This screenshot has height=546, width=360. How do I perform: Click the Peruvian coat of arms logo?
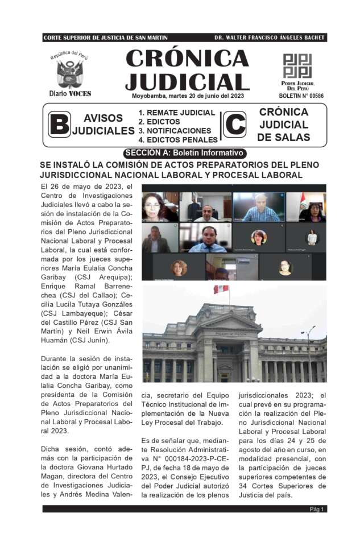click(70, 73)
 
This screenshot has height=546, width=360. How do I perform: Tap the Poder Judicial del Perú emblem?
click(297, 66)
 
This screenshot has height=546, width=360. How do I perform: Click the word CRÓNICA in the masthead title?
click(187, 59)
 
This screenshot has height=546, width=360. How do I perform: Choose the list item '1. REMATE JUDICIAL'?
click(177, 113)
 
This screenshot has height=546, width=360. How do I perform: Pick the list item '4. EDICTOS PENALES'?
click(178, 139)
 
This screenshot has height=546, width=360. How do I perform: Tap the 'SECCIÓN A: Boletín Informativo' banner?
click(185, 153)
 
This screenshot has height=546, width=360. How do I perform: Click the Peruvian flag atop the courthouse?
click(221, 289)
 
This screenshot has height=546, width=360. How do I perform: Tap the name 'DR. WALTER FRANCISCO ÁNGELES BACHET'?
click(270, 38)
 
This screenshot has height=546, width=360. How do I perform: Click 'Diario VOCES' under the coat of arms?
click(70, 93)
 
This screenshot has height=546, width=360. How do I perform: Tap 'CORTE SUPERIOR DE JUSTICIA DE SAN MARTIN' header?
click(105, 38)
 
